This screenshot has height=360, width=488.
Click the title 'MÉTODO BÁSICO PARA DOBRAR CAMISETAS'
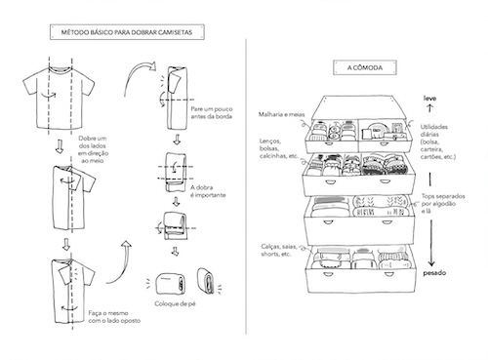tap(127, 32)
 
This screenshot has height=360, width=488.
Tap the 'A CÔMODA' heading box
tap(365, 67)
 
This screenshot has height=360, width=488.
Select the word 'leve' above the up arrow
tap(429, 98)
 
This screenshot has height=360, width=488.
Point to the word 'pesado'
tap(434, 273)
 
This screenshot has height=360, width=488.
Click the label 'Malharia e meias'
tap(281, 114)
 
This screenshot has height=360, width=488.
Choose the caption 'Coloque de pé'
tap(175, 303)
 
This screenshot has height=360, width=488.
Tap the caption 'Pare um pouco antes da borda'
tap(212, 112)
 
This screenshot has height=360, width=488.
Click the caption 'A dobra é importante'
tap(208, 191)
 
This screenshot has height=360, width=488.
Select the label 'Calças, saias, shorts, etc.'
tap(279, 250)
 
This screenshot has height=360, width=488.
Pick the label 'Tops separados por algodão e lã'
tap(443, 204)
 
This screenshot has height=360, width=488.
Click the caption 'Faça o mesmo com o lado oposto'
tap(114, 317)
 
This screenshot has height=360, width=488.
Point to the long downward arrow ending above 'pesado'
tap(431, 243)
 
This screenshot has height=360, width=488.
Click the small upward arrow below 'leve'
tap(430, 108)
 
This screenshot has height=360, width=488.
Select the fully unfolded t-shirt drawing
tap(59, 98)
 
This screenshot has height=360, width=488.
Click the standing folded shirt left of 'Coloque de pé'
tap(171, 284)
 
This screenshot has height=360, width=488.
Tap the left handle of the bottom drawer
tap(328, 275)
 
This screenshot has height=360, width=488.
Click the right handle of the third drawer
tap(386, 222)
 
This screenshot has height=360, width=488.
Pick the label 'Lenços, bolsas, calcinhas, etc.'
tap(279, 148)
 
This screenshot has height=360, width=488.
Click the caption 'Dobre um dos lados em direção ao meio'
tap(93, 149)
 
